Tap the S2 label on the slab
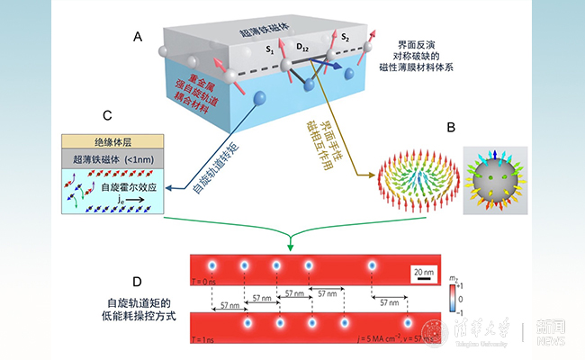pos(345,38)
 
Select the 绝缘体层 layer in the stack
pos(112,142)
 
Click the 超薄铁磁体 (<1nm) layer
pos(112,159)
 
